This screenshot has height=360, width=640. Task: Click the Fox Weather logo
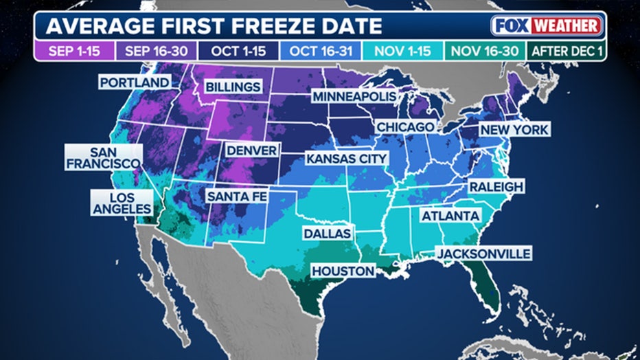[x=547, y=26]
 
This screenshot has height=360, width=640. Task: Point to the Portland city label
[x=135, y=82]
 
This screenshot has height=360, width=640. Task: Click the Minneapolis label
[x=354, y=97]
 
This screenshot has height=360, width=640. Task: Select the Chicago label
[x=405, y=127]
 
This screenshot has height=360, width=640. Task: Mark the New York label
[x=514, y=130]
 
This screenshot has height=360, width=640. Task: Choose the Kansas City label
[x=347, y=159]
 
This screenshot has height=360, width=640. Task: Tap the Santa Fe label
[x=237, y=196]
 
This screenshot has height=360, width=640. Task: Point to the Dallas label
[x=327, y=234]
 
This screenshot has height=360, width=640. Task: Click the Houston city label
[x=343, y=271]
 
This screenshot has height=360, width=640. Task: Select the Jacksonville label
[x=483, y=254]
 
